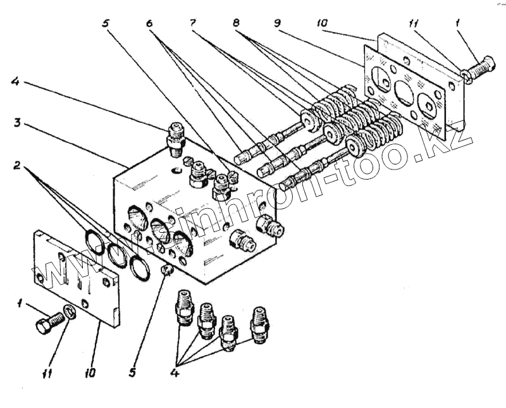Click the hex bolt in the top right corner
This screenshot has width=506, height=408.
pyautogui.click(x=480, y=66)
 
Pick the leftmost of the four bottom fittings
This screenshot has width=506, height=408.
pyautogui.click(x=183, y=306)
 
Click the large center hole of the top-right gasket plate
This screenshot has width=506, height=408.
pyautogui.click(x=402, y=94)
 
